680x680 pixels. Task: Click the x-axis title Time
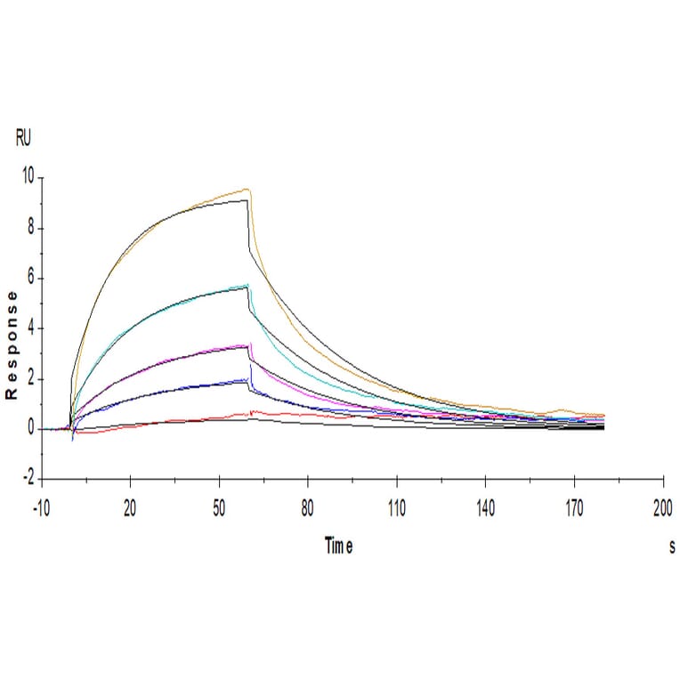pos(338,547)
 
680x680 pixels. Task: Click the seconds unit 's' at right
pos(672,547)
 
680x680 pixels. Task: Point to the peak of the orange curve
pos(247,189)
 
